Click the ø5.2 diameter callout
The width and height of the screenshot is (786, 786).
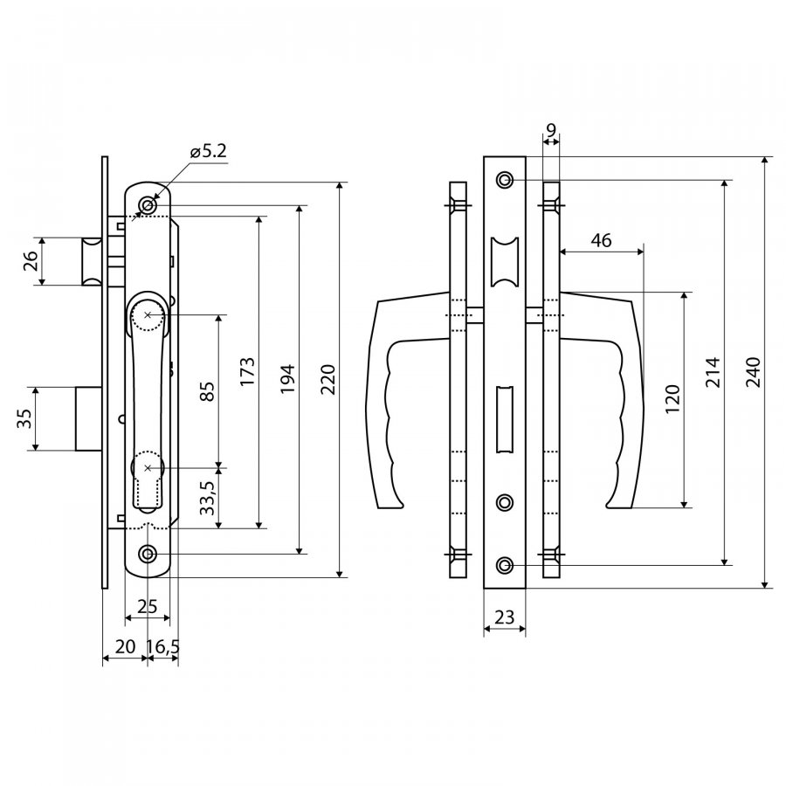(x=209, y=151)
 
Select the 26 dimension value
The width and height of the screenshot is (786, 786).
(x=31, y=260)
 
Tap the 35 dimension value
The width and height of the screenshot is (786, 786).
(x=24, y=418)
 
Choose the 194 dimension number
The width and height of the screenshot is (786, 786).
(x=287, y=379)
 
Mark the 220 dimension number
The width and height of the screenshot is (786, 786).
(x=327, y=380)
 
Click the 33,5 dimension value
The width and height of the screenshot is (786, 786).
(x=207, y=497)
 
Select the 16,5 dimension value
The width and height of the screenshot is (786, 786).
(x=163, y=647)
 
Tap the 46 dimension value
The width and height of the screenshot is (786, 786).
(x=602, y=241)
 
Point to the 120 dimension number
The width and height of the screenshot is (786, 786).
(x=672, y=399)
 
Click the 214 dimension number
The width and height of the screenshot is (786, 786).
(x=713, y=372)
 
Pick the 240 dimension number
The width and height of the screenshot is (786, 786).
(x=753, y=372)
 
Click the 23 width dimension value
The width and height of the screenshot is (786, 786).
(x=504, y=617)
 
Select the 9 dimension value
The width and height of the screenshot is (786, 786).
(x=551, y=131)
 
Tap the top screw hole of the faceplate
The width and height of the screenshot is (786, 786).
(x=505, y=179)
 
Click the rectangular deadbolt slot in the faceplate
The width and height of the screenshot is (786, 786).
(x=505, y=419)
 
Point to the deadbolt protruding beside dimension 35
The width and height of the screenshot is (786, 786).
(x=89, y=418)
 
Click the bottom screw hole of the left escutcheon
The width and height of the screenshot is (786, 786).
(x=148, y=555)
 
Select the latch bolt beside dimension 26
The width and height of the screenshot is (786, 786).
(x=93, y=261)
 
